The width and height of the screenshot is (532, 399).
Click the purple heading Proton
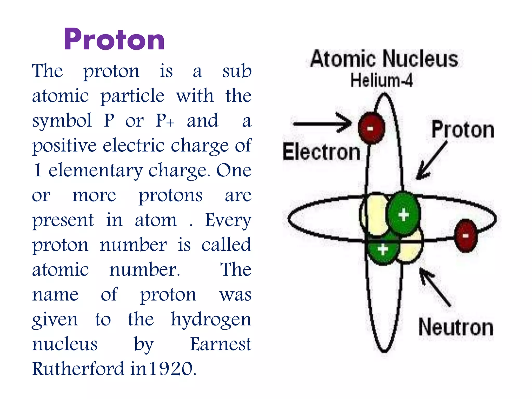[x=114, y=39]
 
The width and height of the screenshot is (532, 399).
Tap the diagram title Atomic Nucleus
[x=384, y=59]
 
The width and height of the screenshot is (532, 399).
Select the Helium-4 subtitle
[x=381, y=80]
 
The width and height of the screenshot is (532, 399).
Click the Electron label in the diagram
[x=321, y=152]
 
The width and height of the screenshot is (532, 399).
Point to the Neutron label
[x=456, y=328]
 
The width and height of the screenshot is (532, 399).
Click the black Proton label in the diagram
[x=463, y=130]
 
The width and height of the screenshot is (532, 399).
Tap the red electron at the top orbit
[x=371, y=128]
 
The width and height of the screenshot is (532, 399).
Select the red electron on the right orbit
[x=466, y=236]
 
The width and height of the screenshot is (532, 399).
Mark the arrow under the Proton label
[x=431, y=161]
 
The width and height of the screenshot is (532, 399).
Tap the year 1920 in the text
[x=171, y=369]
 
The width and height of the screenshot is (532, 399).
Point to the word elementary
[x=95, y=170]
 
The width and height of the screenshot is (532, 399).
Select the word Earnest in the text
[x=221, y=344]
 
